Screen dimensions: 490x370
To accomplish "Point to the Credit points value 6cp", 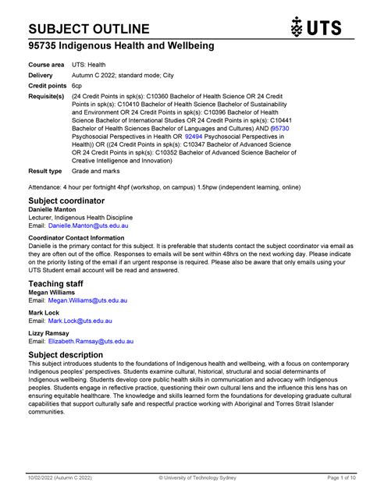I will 77,84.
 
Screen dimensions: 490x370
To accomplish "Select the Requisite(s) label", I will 48,96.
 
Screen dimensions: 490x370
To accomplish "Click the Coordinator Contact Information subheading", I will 76,237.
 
